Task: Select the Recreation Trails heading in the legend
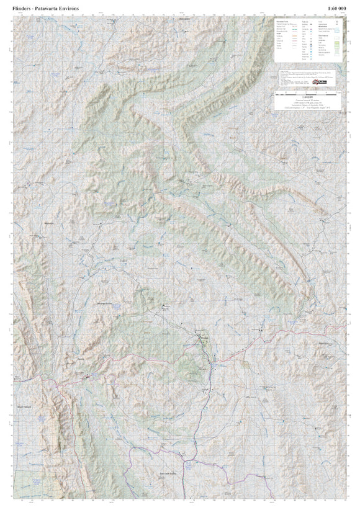tap(283, 21)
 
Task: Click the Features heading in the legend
tap(305, 21)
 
